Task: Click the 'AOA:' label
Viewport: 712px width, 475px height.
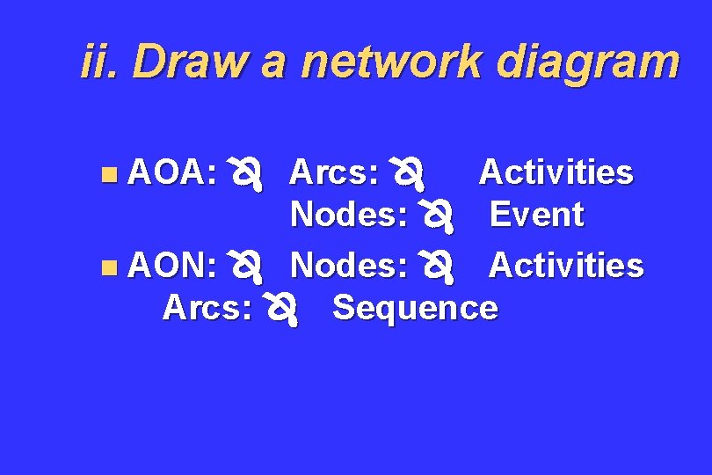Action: tap(173, 173)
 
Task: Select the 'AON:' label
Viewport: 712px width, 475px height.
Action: tap(173, 264)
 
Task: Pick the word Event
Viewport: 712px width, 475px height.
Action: tap(536, 215)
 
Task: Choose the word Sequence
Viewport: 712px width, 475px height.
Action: tap(415, 308)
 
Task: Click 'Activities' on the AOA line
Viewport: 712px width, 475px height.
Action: tap(556, 173)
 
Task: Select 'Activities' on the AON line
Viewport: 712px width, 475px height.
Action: tap(566, 264)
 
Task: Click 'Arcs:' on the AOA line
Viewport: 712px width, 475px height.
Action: tap(334, 173)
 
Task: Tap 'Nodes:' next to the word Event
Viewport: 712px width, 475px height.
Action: tap(350, 215)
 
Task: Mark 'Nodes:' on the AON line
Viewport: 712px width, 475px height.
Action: tap(350, 264)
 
